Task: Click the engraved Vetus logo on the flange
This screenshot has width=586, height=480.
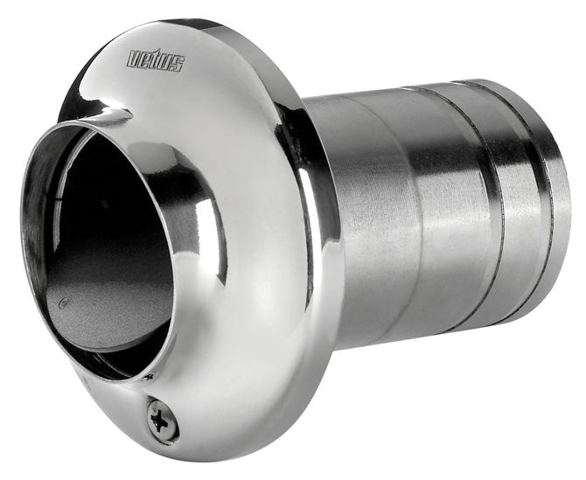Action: (156, 59)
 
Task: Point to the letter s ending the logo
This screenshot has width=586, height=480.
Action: (178, 64)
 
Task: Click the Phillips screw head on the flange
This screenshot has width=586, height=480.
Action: (164, 419)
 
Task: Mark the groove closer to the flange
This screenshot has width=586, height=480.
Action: (477, 201)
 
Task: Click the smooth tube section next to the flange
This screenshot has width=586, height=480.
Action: (385, 210)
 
